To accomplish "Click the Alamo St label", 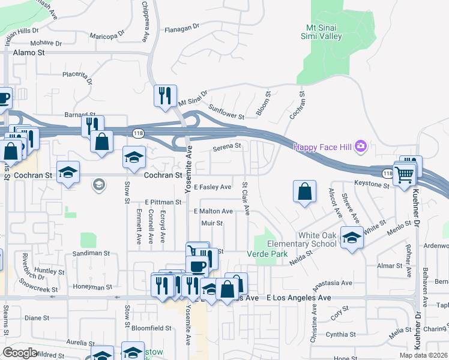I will point(29,53).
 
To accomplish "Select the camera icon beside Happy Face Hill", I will point(360,146).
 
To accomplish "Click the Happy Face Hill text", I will point(323,147).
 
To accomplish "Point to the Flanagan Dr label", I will point(182,28).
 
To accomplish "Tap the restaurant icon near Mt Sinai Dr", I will point(165,95).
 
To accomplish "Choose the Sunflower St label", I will point(226,112).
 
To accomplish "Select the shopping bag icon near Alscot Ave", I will point(305,191).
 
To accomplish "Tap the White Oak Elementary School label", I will point(301,239).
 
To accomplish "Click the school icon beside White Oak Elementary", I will point(352,238).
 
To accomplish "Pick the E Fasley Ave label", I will point(212,187).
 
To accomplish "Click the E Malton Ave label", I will point(213,211).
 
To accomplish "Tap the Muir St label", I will point(212,223).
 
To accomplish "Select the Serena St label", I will point(228,146).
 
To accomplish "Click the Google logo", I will point(20,352).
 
